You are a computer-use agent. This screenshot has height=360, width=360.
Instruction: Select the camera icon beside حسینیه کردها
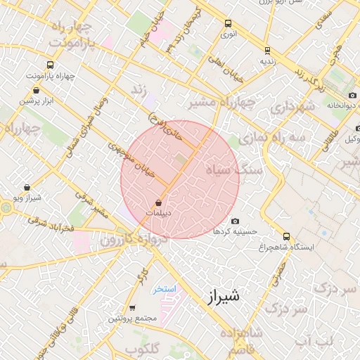coord(235,221)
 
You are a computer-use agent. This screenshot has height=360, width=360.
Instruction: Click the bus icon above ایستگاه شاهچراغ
coord(285,237)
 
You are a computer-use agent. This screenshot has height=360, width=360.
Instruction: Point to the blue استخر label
coord(167,289)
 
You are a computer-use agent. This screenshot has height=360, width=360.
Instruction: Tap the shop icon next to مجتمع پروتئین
coord(132,308)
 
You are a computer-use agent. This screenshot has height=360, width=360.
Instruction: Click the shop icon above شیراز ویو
coord(27,188)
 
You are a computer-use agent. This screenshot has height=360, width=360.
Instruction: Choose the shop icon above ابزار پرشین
coord(37,90)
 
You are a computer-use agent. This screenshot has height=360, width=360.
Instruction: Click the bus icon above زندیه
coord(266,51)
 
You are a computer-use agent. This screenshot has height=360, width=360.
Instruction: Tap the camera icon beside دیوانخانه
coord(352,96)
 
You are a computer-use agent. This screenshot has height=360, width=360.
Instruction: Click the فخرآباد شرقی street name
coord(51,225)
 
